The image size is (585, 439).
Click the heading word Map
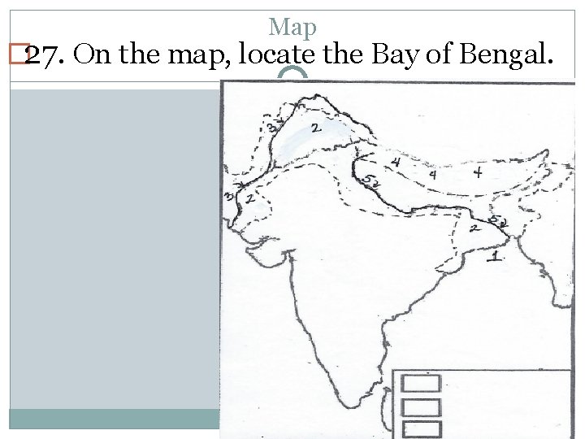tap(292, 28)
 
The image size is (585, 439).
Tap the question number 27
tap(40, 54)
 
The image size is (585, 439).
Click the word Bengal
tap(505, 54)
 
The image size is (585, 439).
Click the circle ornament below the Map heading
tap(292, 79)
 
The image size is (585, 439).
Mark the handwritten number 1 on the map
tap(496, 256)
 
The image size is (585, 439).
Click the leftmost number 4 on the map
tap(396, 163)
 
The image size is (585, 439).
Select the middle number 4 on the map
tap(433, 174)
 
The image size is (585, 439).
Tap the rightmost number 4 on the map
tap(478, 172)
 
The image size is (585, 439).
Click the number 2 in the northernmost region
tap(315, 128)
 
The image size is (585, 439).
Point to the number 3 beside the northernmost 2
tap(274, 127)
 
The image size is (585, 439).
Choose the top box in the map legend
tap(421, 383)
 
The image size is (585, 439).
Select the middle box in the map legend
tap(421, 406)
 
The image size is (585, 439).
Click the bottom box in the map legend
tap(421, 429)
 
